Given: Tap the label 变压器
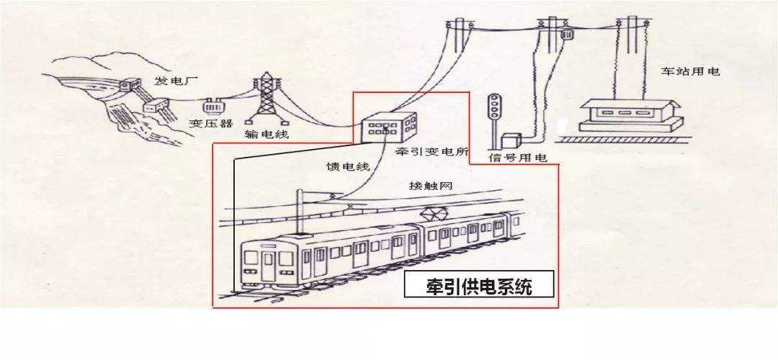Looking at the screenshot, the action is pos(211,123).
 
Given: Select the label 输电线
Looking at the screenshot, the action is pos(267,134).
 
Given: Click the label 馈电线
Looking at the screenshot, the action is pos(348,166).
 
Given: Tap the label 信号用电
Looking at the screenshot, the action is pos(517,158).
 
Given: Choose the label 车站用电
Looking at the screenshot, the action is pos(689,71).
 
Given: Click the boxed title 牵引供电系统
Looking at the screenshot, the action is pos(479,284).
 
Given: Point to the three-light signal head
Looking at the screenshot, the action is pos(493,106).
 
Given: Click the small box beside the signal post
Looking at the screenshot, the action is pos(510,140).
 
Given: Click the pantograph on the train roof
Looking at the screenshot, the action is pos(432,214).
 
